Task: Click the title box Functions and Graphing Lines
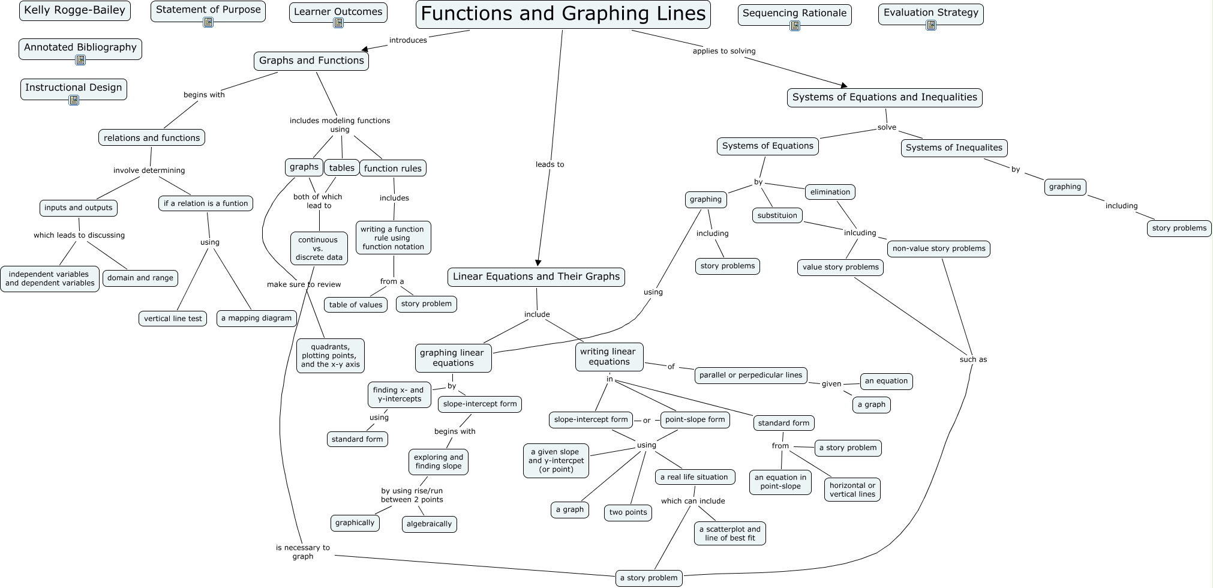coord(563,14)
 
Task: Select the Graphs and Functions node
coord(311,61)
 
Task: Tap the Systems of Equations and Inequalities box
coord(884,97)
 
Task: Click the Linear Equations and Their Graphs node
coord(536,277)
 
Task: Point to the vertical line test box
coord(173,319)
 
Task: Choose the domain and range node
coord(140,278)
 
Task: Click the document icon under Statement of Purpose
coord(208,23)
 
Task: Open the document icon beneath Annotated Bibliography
coord(80,60)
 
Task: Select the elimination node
coord(830,192)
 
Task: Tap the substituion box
coord(777,215)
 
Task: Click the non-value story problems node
coord(938,248)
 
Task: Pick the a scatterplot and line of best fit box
coord(729,533)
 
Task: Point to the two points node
coord(627,512)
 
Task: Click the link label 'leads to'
coord(550,164)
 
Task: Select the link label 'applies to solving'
coord(723,51)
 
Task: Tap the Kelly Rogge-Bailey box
coord(74,10)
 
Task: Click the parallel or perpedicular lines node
coord(750,375)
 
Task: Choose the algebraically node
coord(429,524)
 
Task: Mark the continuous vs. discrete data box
coord(319,248)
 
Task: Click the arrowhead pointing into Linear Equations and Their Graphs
coord(538,262)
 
